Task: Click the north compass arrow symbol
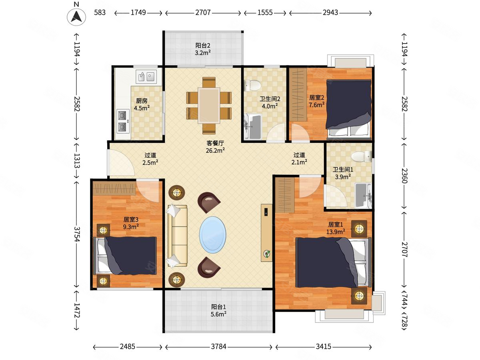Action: pos(76,17)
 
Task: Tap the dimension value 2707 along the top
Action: pos(203,12)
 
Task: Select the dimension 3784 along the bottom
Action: pos(218,347)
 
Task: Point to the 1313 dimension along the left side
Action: pos(77,161)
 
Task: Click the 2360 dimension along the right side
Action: pos(404,176)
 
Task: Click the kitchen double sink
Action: pos(146,77)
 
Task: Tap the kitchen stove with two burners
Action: pos(123,121)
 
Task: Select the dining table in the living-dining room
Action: pos(209,106)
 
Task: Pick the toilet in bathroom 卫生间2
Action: pos(252,86)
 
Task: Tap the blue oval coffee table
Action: pos(212,235)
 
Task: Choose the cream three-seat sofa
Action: pos(177,236)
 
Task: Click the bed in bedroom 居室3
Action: pos(125,256)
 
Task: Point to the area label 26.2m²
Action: pos(215,150)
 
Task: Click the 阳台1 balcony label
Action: pos(218,307)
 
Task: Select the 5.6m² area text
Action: pos(218,314)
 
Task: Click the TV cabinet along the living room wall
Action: pos(266,233)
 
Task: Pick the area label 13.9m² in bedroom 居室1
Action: pos(336,232)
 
